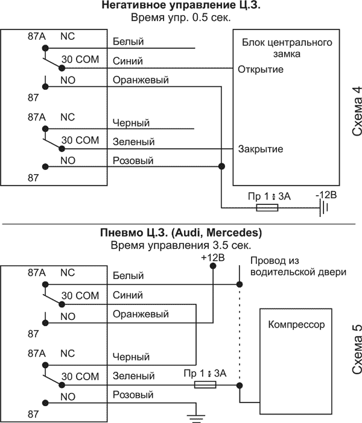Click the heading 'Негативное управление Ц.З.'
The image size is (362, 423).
tap(180, 6)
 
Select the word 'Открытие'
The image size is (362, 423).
tap(261, 69)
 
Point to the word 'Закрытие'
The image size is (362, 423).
tap(261, 149)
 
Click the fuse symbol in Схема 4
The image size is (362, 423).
tap(267, 208)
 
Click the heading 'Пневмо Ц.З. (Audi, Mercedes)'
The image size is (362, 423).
tap(180, 233)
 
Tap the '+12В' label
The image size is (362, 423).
tap(212, 258)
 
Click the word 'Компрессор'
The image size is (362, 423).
tap(296, 325)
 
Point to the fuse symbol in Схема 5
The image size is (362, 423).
tap(208, 384)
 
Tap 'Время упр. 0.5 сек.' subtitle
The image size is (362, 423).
tap(180, 17)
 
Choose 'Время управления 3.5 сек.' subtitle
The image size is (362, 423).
tap(180, 245)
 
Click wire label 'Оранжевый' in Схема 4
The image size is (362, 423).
tap(141, 80)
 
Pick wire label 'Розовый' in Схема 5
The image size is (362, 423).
tap(133, 395)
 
